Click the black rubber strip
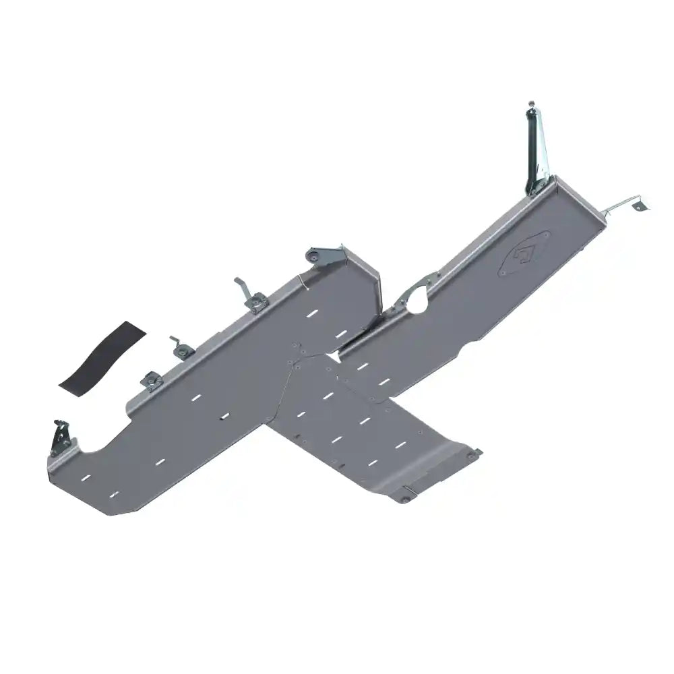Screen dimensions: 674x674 coord(101,358)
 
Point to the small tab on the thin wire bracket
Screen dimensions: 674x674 coord(638,204)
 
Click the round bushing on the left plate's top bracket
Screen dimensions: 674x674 coord(313,255)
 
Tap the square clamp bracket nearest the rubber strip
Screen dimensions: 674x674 coord(151,381)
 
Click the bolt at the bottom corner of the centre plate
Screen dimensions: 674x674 coord(403,499)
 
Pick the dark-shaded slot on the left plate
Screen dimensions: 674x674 coord(222,421)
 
